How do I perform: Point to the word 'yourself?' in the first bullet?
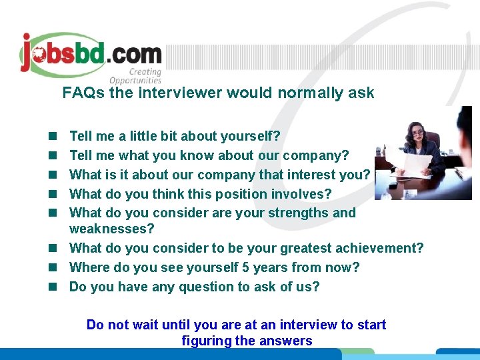pos(251,137)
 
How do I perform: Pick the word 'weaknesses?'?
pos(111,229)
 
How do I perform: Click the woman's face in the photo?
pos(418,132)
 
